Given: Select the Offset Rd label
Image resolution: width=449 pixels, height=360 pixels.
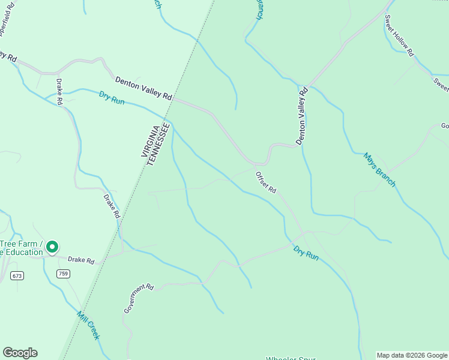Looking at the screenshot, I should point(266,182).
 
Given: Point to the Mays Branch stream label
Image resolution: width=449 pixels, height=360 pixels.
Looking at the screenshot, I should point(379,169).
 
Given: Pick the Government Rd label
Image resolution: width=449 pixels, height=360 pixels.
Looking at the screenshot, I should point(139,298).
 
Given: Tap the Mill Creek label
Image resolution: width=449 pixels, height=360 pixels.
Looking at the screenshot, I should point(88,325).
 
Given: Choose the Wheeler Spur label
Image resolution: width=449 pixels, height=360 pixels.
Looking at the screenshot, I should point(291,358).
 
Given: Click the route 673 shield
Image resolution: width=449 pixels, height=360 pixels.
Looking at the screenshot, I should point(17,275).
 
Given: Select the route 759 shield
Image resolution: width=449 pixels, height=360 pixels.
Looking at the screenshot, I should point(63,274).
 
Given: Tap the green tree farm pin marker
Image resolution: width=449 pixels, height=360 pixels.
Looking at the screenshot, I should point(52,247).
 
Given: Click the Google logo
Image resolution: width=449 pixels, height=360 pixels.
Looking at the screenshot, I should point(20,353).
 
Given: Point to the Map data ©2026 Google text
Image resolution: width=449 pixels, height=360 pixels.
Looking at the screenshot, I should point(412,355).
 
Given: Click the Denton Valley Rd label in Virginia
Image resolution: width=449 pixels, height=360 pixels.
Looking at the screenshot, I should point(144,88).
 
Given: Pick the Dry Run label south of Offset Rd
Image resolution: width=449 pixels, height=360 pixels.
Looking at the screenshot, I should point(306,252).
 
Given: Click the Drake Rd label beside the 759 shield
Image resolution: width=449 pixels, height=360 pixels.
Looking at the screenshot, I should point(81,260).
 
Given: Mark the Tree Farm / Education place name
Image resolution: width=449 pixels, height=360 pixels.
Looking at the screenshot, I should point(22,248).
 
